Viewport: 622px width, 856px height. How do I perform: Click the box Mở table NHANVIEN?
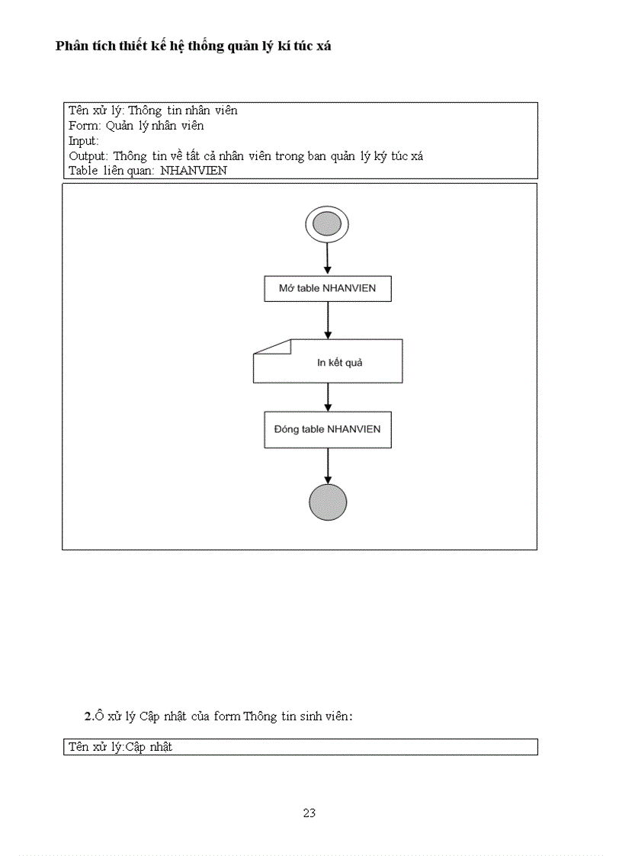[328, 289]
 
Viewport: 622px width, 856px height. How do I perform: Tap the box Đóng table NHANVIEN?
[328, 429]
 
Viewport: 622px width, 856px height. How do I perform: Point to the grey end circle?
[328, 502]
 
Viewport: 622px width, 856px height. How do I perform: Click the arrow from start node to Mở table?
[328, 259]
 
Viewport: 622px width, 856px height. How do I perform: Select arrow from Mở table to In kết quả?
[328, 320]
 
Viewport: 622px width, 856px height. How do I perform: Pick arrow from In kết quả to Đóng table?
[328, 397]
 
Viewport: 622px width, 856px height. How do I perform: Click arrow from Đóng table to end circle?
[328, 465]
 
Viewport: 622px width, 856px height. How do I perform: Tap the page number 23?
[309, 813]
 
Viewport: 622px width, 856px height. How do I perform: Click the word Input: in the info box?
[84, 141]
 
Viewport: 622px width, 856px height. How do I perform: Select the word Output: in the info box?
[88, 156]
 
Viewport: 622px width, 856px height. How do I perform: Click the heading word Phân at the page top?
[71, 46]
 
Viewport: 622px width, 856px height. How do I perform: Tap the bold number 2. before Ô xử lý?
[88, 716]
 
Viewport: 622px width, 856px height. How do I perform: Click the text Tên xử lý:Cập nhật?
[120, 747]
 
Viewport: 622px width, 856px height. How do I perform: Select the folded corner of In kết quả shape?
[274, 347]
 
